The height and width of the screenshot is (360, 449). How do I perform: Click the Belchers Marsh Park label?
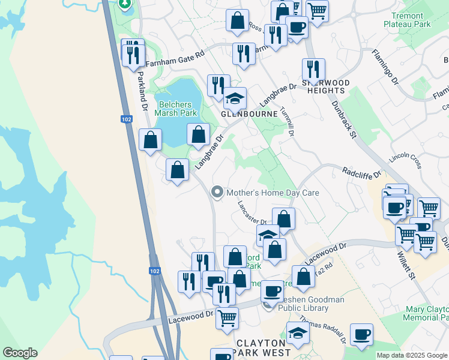(x=176, y=109)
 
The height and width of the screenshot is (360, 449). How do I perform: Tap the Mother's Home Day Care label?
(x=272, y=193)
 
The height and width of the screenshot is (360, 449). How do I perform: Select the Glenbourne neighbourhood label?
(x=249, y=113)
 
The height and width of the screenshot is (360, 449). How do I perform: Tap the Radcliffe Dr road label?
(x=361, y=173)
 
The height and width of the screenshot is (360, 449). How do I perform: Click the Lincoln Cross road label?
(x=406, y=159)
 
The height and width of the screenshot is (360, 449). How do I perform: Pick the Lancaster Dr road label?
(x=251, y=213)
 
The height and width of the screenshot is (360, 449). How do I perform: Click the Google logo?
(x=20, y=353)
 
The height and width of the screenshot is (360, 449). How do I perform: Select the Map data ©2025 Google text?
(x=412, y=355)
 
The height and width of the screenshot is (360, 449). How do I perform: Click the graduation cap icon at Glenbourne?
(x=235, y=97)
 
